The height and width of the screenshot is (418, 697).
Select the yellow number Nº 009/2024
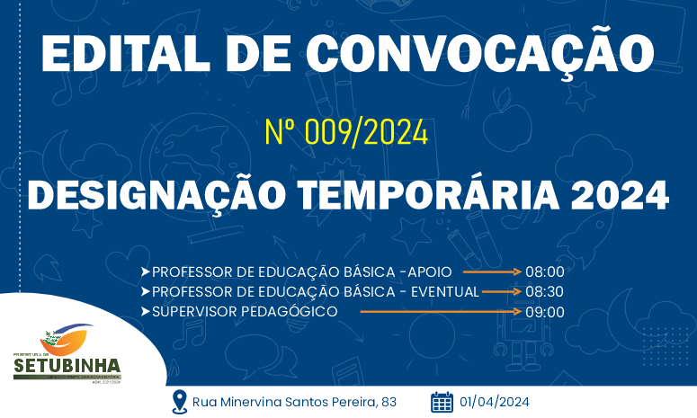click(x=346, y=133)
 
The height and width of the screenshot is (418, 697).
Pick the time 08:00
click(x=545, y=271)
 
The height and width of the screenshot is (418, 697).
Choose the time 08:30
click(x=545, y=291)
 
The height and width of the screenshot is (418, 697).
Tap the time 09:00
click(x=545, y=312)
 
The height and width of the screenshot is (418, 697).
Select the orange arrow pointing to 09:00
click(x=441, y=312)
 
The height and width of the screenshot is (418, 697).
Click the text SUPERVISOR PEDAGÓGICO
click(x=245, y=312)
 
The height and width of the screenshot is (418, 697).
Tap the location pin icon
click(x=179, y=401)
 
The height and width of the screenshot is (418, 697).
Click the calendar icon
click(x=442, y=401)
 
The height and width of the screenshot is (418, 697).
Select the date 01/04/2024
click(x=496, y=402)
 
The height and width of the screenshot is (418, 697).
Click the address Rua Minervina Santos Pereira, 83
click(x=296, y=402)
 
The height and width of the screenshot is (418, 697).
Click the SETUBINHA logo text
click(x=67, y=366)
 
